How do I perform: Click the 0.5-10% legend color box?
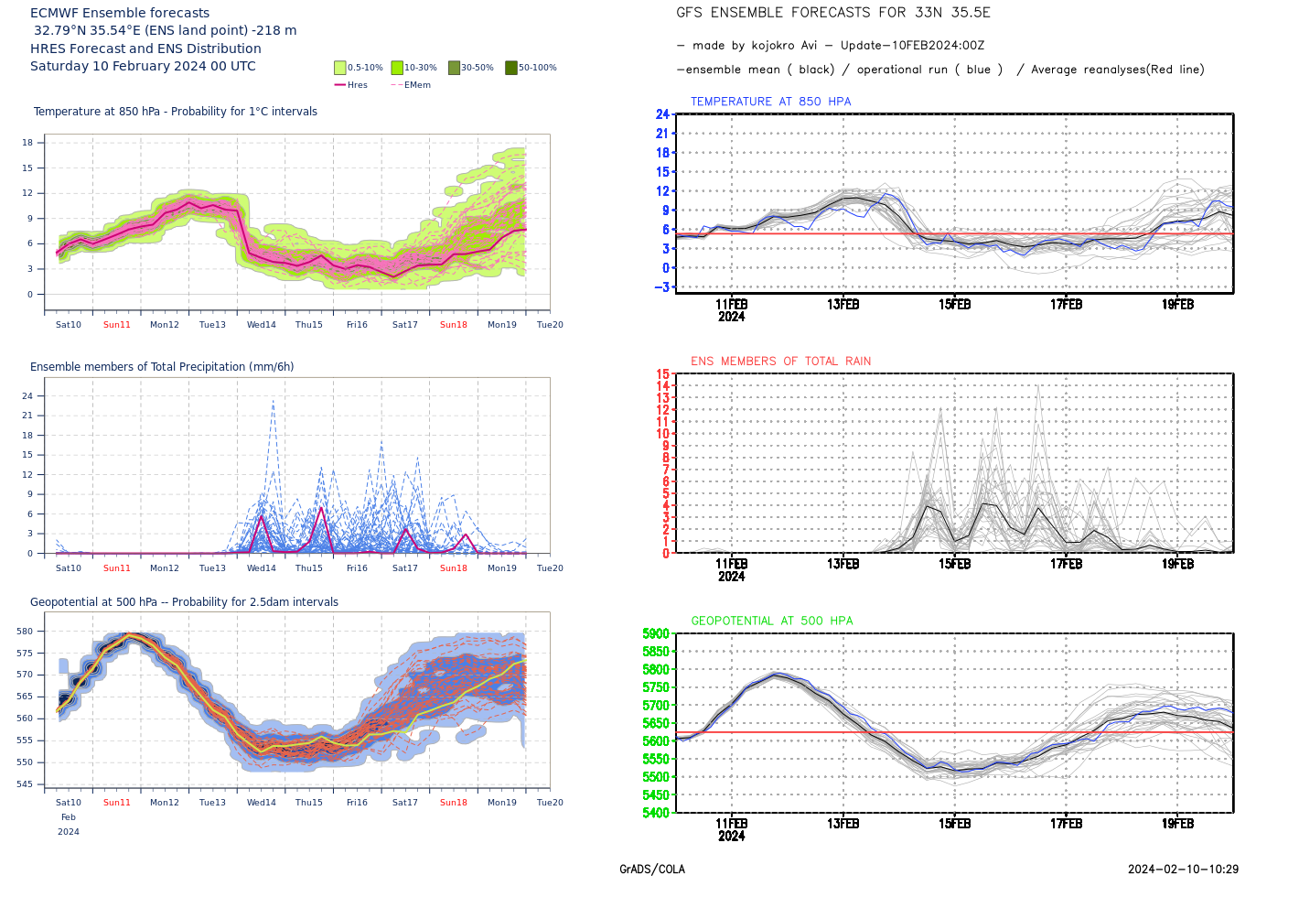coord(340,68)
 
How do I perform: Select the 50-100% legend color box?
coord(511,68)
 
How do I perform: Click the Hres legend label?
coord(357,85)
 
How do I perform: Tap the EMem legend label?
coord(417,85)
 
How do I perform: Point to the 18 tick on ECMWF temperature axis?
coord(27,143)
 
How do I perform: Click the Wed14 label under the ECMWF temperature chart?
coord(262,325)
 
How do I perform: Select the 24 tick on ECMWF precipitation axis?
coord(27,396)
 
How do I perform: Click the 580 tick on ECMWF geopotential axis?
coord(25,632)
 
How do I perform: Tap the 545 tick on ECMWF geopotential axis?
coord(25,784)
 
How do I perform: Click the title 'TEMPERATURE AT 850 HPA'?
coord(770,102)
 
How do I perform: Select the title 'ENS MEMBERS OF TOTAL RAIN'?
coord(780,362)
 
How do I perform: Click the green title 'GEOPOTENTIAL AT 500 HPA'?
coord(771,621)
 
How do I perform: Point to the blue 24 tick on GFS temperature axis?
coord(662,114)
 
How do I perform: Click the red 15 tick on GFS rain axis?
coord(662,373)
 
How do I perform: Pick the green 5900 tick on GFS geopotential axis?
coord(656,633)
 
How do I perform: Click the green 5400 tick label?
coord(656,813)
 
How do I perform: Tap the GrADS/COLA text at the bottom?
coord(651,870)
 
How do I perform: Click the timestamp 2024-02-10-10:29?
coord(1183,870)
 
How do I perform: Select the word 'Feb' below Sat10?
coord(69,817)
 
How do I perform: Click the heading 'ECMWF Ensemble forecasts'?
coord(120,13)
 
